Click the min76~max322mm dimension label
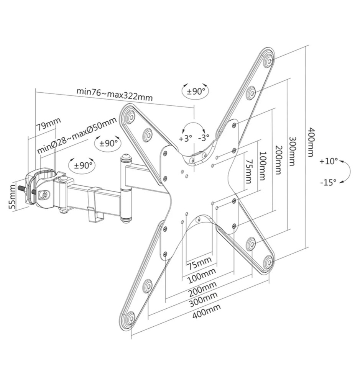click(x=115, y=94)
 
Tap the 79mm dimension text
click(x=48, y=124)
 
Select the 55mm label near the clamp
click(x=12, y=196)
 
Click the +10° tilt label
click(x=328, y=161)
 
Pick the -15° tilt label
click(x=328, y=182)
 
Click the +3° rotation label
click(x=186, y=139)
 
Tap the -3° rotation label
click(x=204, y=137)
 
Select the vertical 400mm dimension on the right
click(x=311, y=142)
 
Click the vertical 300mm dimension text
click(x=292, y=151)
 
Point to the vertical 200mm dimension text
click(x=279, y=160)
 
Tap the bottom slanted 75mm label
click(x=199, y=263)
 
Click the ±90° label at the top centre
click(x=196, y=92)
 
